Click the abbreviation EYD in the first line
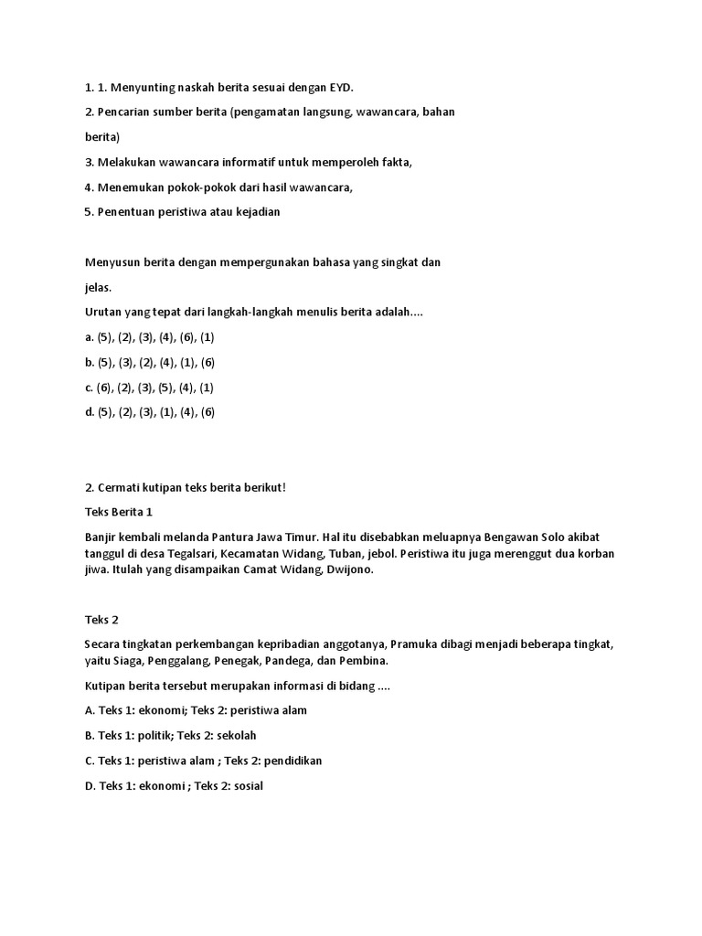(340, 88)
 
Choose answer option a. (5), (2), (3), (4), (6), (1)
(150, 337)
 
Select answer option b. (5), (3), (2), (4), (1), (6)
(150, 362)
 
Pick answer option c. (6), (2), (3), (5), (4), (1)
(149, 388)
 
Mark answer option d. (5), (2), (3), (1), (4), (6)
(150, 412)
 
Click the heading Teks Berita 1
(119, 512)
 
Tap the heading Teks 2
(101, 619)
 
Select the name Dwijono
(346, 569)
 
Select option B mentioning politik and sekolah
(171, 735)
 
